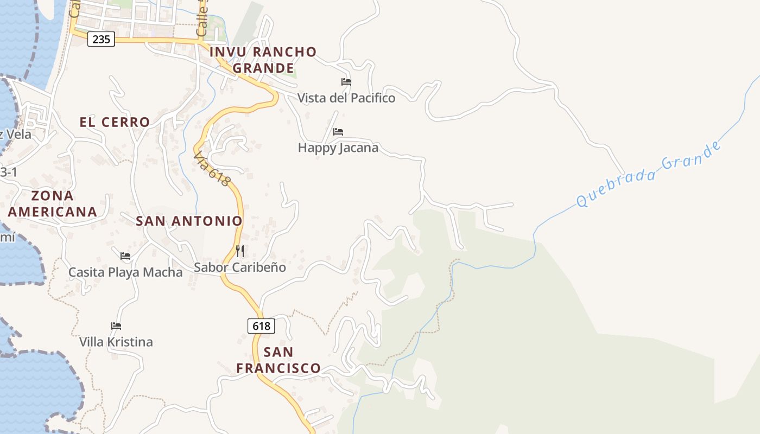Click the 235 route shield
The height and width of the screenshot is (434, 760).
[101, 39]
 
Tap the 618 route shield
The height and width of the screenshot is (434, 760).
[262, 326]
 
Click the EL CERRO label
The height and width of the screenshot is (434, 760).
[115, 122]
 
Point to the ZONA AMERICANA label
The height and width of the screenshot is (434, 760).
[52, 203]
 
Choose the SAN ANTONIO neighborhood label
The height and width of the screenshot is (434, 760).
[189, 221]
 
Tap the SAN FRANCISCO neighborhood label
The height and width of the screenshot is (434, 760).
[278, 360]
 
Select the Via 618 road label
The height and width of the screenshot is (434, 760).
[212, 168]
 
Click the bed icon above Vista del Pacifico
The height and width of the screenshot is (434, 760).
[346, 82]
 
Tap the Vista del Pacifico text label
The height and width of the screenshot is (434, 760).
[346, 98]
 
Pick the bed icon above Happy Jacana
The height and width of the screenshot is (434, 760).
[338, 132]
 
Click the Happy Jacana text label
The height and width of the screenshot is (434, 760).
[338, 148]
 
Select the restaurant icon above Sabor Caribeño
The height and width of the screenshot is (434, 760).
[240, 251]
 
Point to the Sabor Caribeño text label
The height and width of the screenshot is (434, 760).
[240, 267]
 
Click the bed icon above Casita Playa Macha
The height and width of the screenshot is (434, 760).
[125, 256]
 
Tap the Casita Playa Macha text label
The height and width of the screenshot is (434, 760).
[125, 272]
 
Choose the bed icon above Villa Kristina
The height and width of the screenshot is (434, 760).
[116, 326]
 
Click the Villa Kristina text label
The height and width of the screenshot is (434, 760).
[116, 342]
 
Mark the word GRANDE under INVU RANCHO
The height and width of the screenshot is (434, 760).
[263, 68]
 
